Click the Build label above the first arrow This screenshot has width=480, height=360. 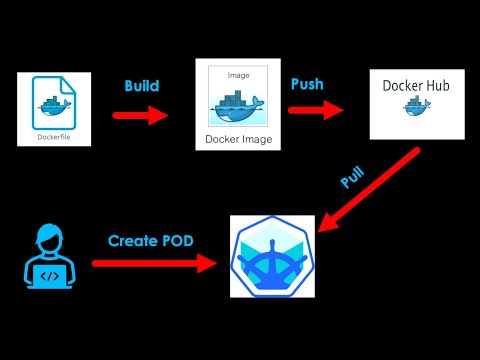coord(141,86)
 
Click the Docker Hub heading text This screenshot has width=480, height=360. coord(416,86)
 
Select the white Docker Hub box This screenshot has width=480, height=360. coord(416,104)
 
